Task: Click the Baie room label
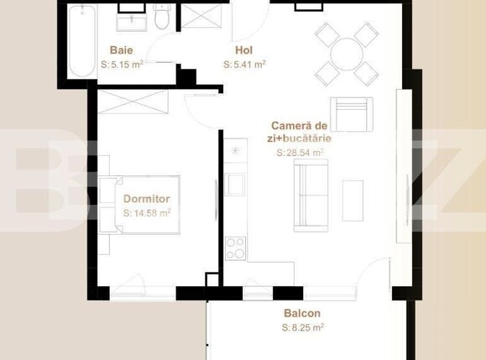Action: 121,50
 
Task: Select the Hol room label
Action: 244,50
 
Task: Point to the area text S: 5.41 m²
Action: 245,63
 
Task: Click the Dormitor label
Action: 147,199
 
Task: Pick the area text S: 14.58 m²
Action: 147,213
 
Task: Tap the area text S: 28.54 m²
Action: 300,154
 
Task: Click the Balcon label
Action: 302,313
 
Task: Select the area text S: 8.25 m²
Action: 303,327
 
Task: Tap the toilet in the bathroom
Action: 162,17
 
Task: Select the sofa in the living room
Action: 310,195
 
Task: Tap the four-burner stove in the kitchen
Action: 235,248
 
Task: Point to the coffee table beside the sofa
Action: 353,200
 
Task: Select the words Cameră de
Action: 300,125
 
